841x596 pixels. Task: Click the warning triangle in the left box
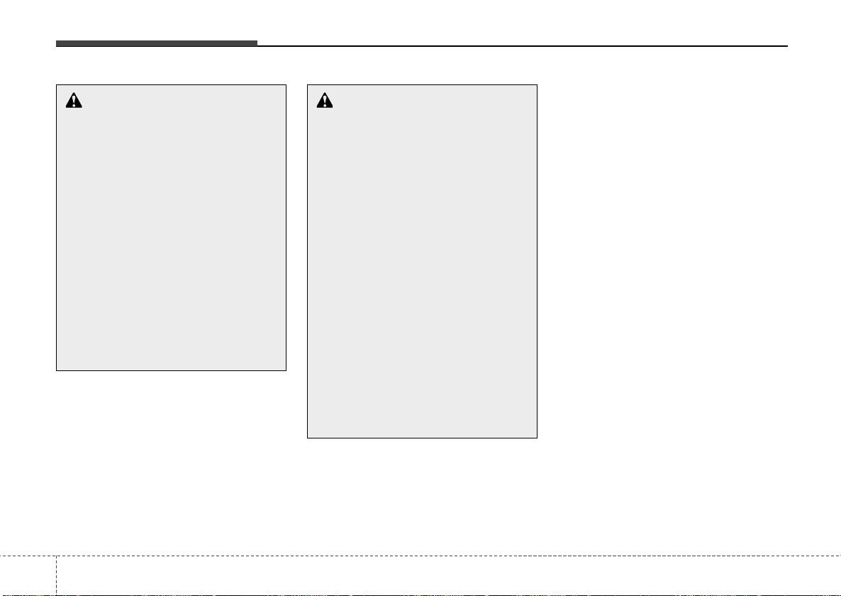coord(74,101)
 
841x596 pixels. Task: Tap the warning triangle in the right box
coord(325,101)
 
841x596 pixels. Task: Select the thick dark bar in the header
coord(157,44)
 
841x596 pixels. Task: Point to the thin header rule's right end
coord(787,46)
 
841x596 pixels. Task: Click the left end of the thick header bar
coord(57,44)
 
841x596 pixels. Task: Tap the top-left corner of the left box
coord(57,85)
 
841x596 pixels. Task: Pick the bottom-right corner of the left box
coord(286,370)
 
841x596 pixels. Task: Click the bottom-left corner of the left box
coord(57,370)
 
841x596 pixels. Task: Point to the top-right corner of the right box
coord(537,85)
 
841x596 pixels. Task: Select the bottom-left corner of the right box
coord(307,438)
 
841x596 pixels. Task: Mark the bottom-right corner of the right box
coord(537,438)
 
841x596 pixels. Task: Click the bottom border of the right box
coord(422,438)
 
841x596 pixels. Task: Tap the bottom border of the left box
coord(171,370)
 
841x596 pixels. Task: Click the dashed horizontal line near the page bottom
coord(425,556)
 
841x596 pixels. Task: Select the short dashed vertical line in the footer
coord(55,575)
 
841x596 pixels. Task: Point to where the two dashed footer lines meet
coord(55,556)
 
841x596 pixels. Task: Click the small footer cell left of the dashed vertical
coord(27,576)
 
